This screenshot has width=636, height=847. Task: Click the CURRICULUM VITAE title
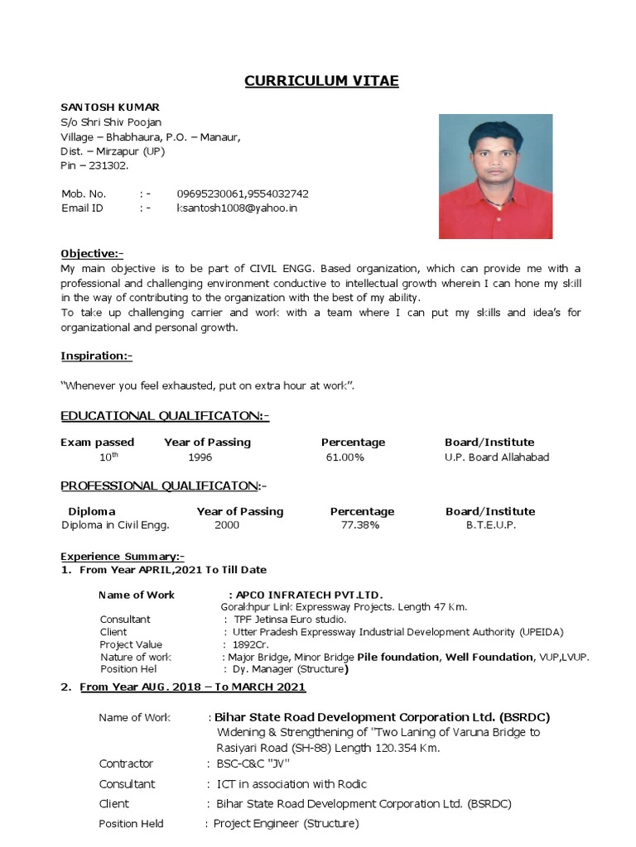321,80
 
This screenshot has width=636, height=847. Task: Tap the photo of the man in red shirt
495,176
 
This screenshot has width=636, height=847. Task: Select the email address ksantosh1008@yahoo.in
237,208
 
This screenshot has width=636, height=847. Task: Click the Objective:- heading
92,253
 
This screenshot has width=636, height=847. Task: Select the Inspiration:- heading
96,356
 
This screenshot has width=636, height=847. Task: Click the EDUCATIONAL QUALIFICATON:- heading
165,416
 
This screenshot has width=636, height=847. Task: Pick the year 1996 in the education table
200,457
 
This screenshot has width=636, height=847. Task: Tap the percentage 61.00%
345,457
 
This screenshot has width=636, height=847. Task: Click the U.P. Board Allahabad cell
497,457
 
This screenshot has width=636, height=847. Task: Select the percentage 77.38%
360,525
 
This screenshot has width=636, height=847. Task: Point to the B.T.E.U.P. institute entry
491,525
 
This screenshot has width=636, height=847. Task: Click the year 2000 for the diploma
227,525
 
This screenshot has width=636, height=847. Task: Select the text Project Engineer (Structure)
286,824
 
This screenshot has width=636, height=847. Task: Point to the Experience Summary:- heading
123,556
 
